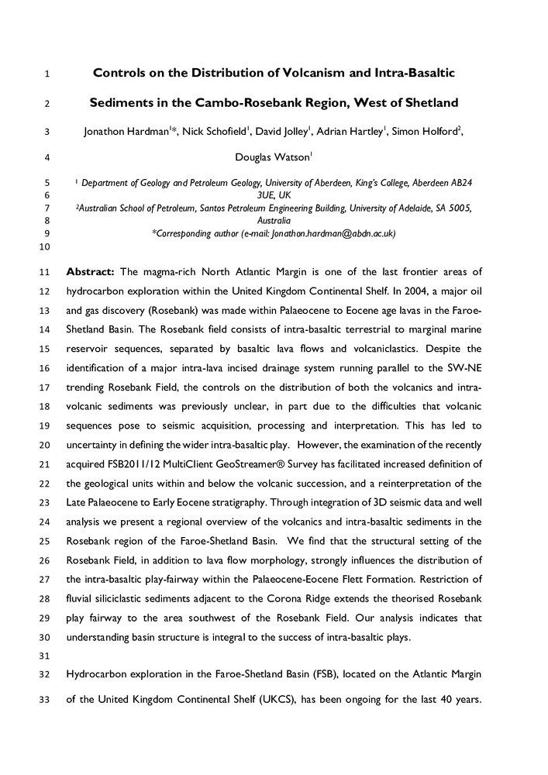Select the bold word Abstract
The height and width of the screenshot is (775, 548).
pyautogui.click(x=91, y=272)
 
